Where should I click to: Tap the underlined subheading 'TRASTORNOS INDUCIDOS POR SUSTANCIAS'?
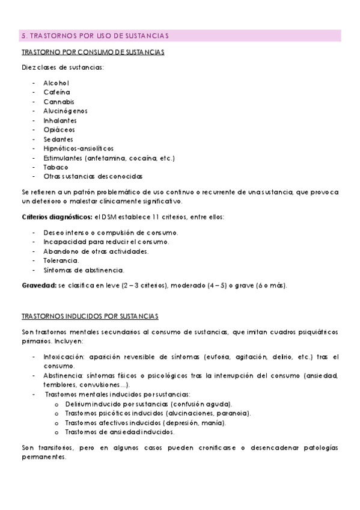click(x=90, y=316)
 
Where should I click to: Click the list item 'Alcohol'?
click(x=56, y=82)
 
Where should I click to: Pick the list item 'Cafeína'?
click(x=56, y=92)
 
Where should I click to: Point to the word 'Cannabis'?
click(x=58, y=102)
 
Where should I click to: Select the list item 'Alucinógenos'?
click(x=65, y=111)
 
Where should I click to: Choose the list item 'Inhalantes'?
click(x=61, y=120)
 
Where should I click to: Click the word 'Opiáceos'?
click(x=59, y=129)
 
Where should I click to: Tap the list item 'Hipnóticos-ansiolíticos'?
click(x=78, y=148)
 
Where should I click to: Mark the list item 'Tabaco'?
click(x=56, y=167)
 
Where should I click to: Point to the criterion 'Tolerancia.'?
click(x=61, y=260)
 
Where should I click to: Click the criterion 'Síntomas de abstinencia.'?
click(x=84, y=270)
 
